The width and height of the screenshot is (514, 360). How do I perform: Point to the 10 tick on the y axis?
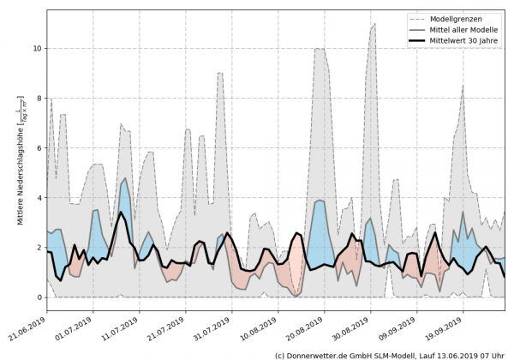click(x=36, y=49)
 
